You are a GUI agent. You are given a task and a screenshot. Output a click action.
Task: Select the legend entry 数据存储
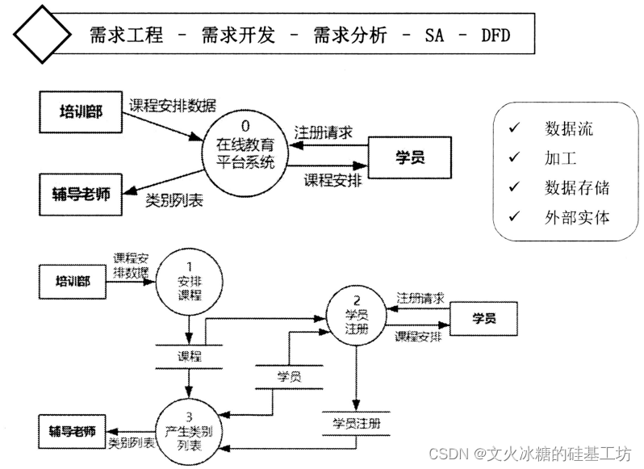[576, 188]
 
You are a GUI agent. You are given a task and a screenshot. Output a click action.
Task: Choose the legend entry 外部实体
[576, 217]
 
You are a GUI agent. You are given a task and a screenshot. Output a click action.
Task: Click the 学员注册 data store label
[356, 422]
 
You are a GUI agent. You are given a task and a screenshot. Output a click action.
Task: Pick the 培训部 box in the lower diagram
[73, 282]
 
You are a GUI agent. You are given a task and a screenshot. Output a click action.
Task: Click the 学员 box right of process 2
[483, 318]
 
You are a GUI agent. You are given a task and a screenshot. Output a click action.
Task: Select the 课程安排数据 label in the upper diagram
[173, 106]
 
